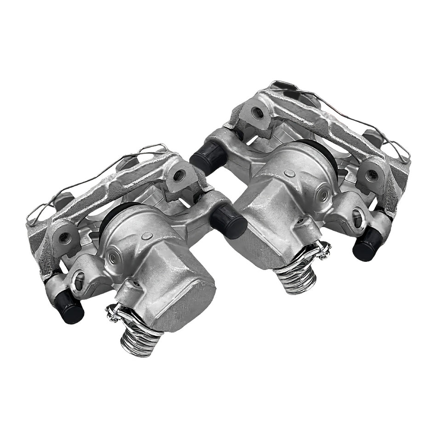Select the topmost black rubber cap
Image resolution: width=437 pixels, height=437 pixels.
click(206, 156)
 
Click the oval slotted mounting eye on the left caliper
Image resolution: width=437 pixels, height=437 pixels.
click(79, 279)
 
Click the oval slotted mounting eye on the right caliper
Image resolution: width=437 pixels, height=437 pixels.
click(357, 217)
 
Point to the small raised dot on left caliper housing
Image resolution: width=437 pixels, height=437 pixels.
click(147, 236)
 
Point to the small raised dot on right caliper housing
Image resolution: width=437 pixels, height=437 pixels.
click(290, 173)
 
